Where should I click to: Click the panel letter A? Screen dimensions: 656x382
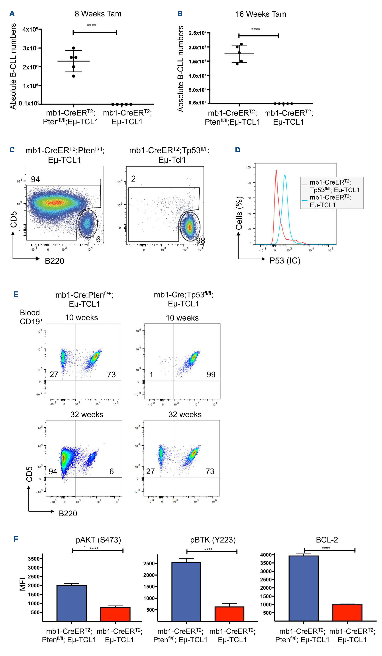[12, 14]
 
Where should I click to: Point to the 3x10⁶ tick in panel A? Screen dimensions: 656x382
[31, 48]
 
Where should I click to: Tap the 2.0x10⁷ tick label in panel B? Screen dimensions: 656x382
[197, 47]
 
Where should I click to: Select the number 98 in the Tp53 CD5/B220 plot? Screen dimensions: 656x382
[200, 241]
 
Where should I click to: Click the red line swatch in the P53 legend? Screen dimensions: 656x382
[304, 185]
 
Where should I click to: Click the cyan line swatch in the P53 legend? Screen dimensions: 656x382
[304, 200]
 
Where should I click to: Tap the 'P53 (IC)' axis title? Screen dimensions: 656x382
[285, 261]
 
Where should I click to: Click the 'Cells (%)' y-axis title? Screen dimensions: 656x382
[239, 213]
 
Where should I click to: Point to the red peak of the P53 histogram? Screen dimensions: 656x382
[276, 171]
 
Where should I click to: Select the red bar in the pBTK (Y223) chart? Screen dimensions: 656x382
[229, 614]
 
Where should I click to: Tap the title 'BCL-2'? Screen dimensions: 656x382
[327, 540]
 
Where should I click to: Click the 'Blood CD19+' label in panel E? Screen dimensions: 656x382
[30, 317]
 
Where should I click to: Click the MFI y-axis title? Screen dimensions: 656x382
[23, 584]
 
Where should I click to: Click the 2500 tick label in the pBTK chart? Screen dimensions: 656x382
[149, 563]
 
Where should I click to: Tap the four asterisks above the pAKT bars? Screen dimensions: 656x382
[94, 548]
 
